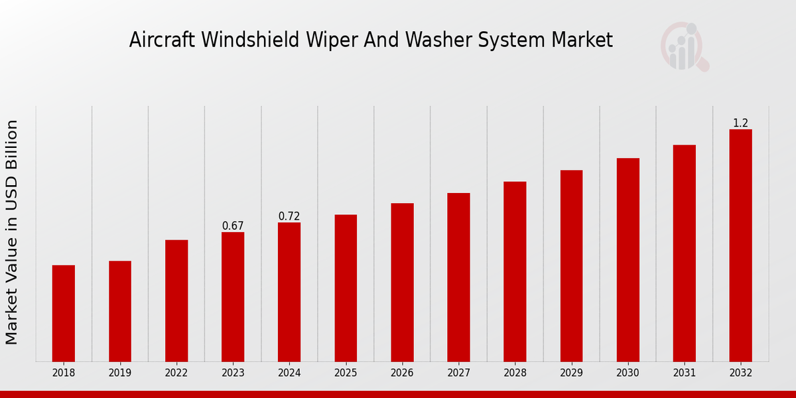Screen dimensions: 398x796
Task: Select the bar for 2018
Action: (x=64, y=313)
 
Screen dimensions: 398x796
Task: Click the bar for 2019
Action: (x=120, y=311)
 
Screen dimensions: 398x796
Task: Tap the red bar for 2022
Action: (x=176, y=300)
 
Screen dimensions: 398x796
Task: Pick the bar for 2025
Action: (x=346, y=288)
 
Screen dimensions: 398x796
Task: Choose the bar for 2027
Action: (x=458, y=277)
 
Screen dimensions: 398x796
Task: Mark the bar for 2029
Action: (x=571, y=265)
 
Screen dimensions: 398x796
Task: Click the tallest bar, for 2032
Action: (x=740, y=245)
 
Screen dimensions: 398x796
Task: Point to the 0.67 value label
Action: (x=233, y=226)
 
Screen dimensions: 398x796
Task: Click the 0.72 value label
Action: (x=289, y=216)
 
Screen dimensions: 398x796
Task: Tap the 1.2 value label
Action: (x=740, y=123)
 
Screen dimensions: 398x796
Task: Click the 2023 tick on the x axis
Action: (x=233, y=373)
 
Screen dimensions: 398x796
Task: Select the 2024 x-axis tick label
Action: (x=289, y=373)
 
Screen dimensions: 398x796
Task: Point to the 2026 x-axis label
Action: (x=402, y=373)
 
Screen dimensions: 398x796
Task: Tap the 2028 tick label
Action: (x=515, y=373)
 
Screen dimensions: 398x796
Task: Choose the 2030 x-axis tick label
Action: (x=628, y=373)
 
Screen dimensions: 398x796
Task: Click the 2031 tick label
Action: (x=684, y=373)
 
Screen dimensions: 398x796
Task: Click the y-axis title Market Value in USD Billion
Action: (x=12, y=232)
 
